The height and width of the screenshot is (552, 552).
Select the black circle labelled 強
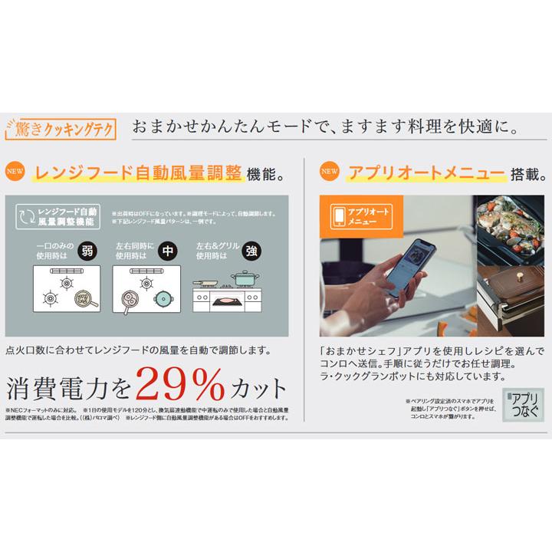250,250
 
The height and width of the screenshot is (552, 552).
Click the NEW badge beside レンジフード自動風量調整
16,172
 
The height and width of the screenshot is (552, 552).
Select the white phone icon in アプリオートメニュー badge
340,216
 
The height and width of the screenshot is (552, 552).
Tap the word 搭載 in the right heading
524,172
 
